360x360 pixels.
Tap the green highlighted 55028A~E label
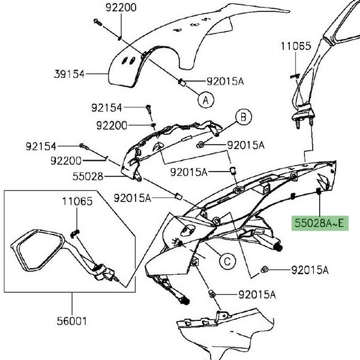point(319,224)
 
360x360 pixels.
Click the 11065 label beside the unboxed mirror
point(296,46)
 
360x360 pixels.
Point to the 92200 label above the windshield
point(121,8)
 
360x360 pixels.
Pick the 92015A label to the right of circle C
point(310,271)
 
